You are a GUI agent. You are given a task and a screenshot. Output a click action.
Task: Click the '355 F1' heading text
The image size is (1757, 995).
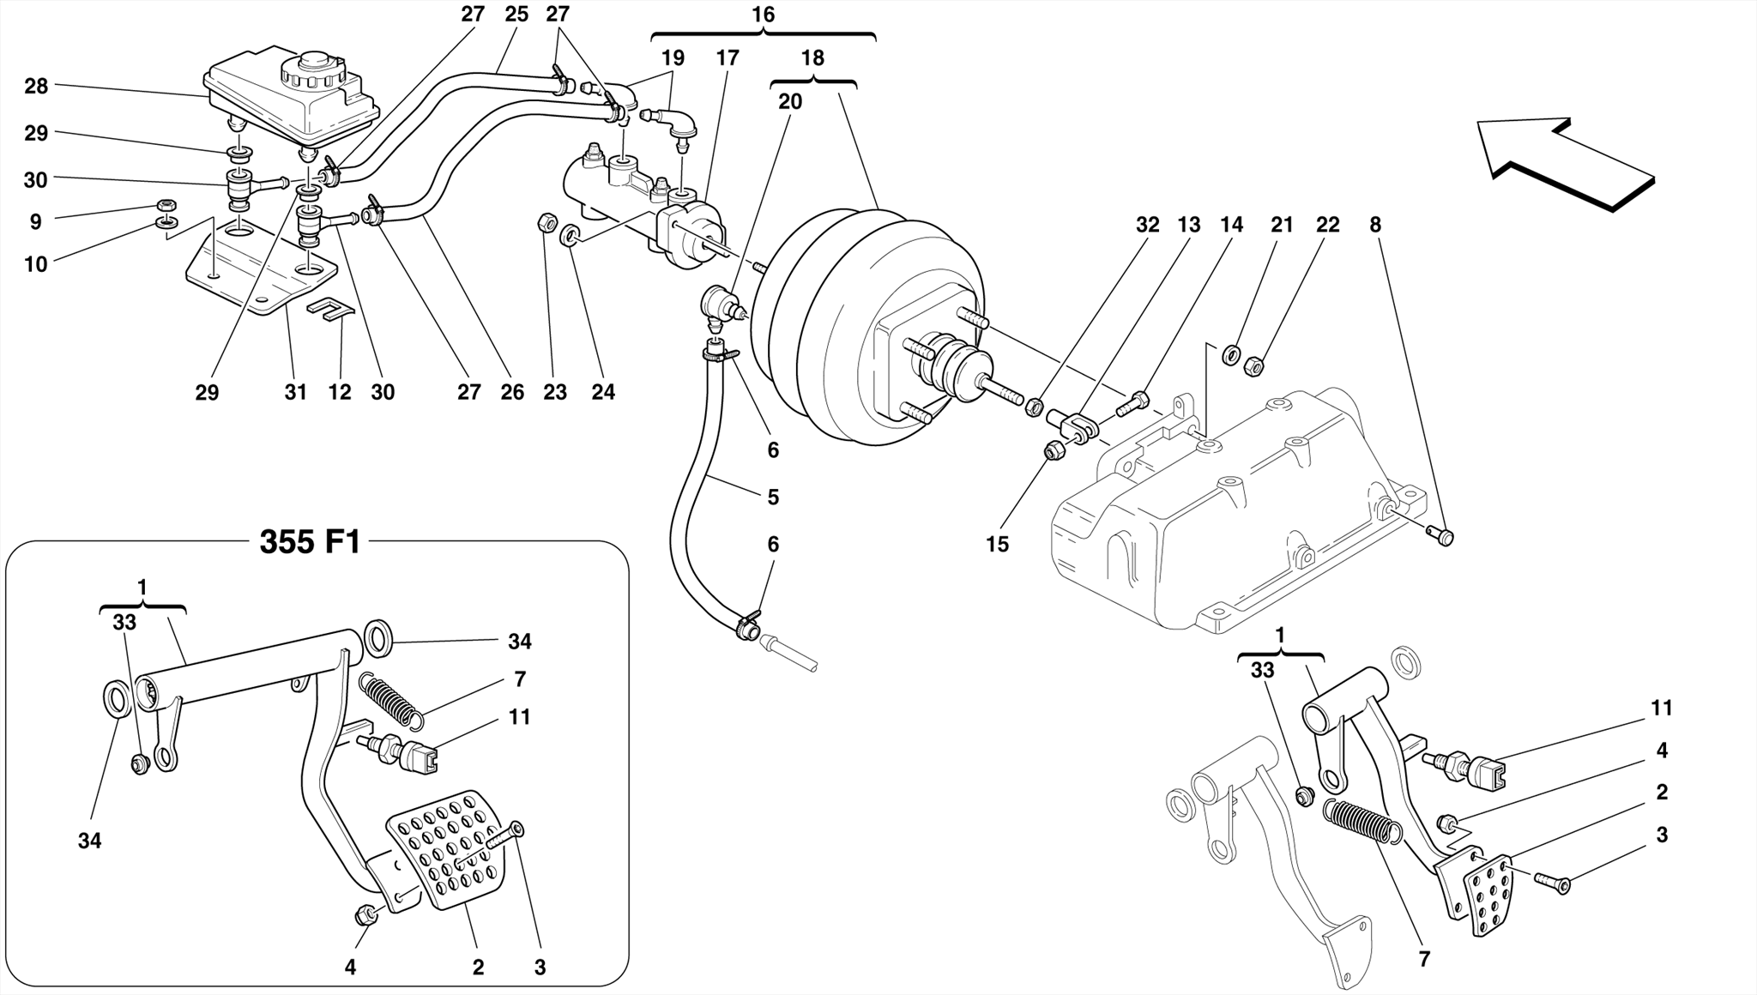click(310, 543)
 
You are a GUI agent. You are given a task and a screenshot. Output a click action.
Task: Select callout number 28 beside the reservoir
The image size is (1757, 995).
click(36, 86)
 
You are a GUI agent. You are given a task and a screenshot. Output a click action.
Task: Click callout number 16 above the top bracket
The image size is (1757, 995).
click(763, 15)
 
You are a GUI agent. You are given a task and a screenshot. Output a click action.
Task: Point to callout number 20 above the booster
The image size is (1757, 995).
click(790, 102)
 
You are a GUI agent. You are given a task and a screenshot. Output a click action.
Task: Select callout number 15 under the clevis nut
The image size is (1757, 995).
click(997, 545)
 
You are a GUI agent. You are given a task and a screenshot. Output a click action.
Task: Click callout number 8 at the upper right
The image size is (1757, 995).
click(1375, 225)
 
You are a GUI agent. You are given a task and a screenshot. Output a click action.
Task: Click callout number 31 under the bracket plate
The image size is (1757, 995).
click(295, 393)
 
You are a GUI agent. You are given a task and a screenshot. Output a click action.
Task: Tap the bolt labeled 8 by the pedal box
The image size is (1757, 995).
click(1444, 537)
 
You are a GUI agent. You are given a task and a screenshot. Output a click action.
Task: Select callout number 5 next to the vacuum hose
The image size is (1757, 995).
click(773, 497)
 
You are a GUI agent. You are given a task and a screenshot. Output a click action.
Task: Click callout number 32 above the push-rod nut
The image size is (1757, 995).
click(1147, 225)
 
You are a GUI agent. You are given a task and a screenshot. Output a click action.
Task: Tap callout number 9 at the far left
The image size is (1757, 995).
click(35, 222)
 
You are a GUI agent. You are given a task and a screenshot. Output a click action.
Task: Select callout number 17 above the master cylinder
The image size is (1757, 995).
click(727, 58)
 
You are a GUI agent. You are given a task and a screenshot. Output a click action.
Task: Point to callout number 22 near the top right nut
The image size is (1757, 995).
click(1327, 225)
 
